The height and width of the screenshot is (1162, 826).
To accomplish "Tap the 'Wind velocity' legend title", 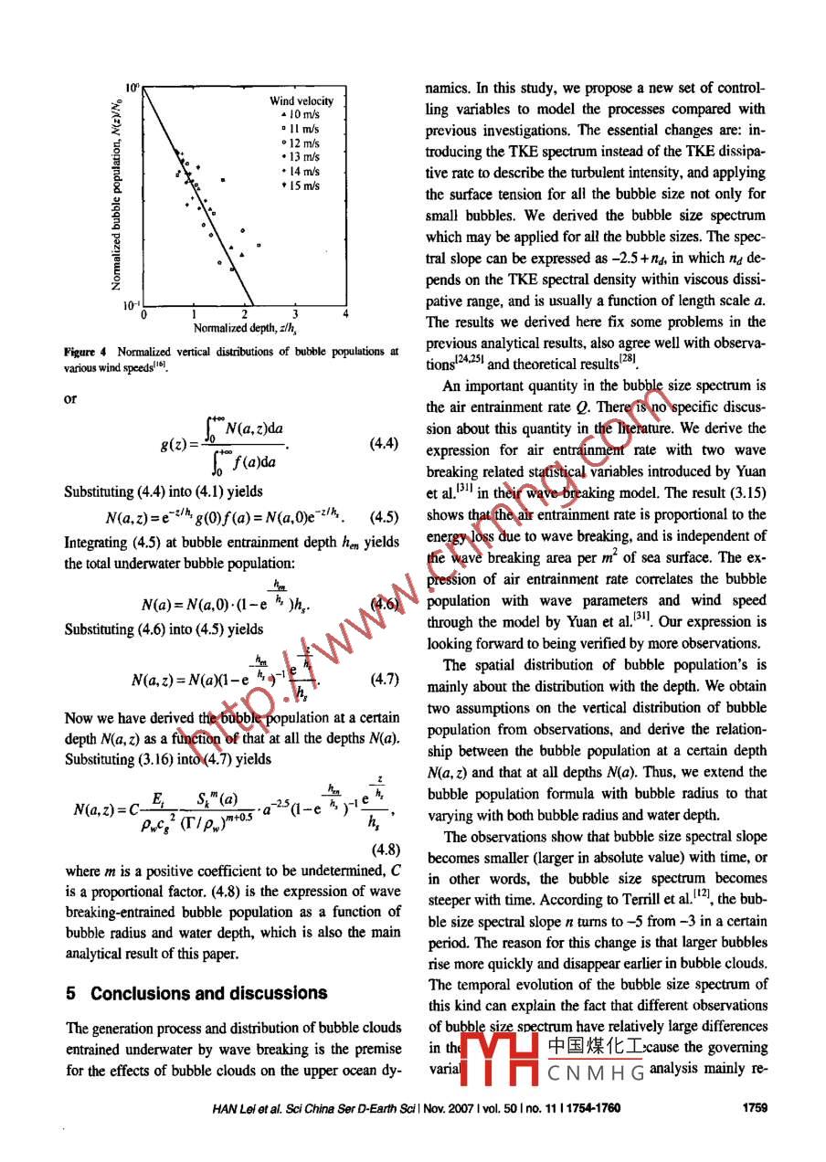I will pyautogui.click(x=302, y=100).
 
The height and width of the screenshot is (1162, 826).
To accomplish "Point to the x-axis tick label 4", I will pyautogui.click(x=345, y=314).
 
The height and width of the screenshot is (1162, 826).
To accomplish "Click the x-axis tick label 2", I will pyautogui.click(x=245, y=314).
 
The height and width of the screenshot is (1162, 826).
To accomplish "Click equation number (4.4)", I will pyautogui.click(x=383, y=444).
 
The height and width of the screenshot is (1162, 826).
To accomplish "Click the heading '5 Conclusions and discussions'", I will pyautogui.click(x=196, y=993).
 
